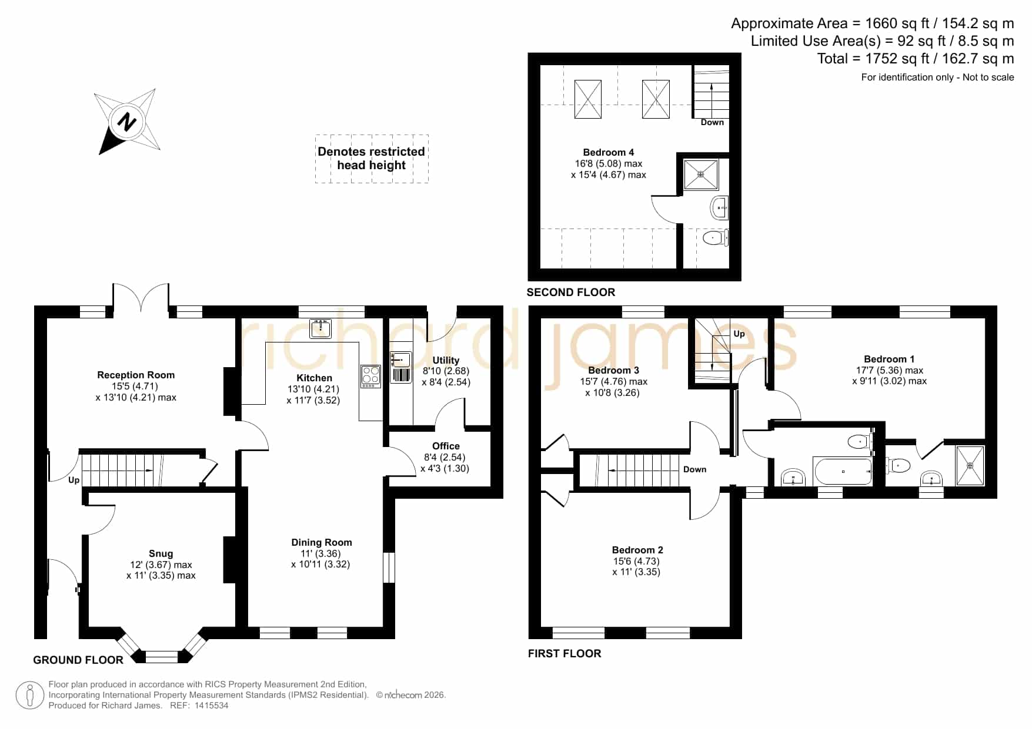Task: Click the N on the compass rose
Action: [126, 123]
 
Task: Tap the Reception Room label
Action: [136, 375]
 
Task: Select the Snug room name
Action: [161, 553]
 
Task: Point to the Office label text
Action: [446, 446]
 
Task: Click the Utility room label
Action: [446, 360]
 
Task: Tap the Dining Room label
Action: [322, 542]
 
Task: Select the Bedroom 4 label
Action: [609, 152]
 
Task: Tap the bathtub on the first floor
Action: [843, 471]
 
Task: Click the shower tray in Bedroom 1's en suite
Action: [970, 466]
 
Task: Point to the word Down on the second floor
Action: [712, 122]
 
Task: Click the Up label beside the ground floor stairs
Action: [74, 481]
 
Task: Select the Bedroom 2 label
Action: [637, 550]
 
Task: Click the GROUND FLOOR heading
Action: [78, 660]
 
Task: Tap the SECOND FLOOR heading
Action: [570, 292]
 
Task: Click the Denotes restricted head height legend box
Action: [372, 159]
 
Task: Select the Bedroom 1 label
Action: [889, 359]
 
